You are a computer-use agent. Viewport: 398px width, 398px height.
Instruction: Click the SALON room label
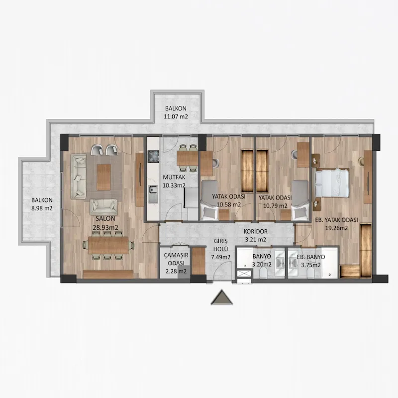click(x=105, y=218)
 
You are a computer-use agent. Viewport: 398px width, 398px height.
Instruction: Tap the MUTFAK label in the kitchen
click(x=174, y=177)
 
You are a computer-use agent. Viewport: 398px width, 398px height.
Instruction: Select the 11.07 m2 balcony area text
click(x=176, y=117)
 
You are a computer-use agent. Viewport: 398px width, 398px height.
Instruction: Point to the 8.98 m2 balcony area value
click(x=42, y=208)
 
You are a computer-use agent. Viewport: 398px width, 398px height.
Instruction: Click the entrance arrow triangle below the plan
click(x=221, y=297)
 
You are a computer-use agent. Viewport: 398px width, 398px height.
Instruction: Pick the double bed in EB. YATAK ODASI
click(x=332, y=183)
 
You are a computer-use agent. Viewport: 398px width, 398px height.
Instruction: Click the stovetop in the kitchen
click(x=153, y=157)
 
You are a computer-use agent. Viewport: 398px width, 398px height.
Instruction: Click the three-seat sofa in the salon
click(x=79, y=177)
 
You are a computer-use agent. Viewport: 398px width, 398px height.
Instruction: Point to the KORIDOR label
click(x=256, y=231)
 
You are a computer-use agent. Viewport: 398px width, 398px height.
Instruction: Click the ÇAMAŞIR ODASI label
click(x=176, y=259)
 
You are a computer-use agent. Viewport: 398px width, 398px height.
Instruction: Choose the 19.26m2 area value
click(x=337, y=228)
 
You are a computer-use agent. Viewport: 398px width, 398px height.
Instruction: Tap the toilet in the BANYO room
click(x=264, y=274)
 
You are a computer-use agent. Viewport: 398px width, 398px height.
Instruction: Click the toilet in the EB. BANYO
click(x=310, y=274)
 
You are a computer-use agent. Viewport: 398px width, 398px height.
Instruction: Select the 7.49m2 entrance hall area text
click(x=221, y=257)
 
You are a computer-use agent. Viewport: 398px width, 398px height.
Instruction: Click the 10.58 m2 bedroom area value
click(x=229, y=204)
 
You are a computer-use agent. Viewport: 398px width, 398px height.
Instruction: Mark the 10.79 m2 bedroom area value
click(x=275, y=205)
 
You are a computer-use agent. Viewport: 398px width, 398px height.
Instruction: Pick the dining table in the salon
click(x=108, y=245)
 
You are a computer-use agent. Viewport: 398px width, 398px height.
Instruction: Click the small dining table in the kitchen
click(x=188, y=158)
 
